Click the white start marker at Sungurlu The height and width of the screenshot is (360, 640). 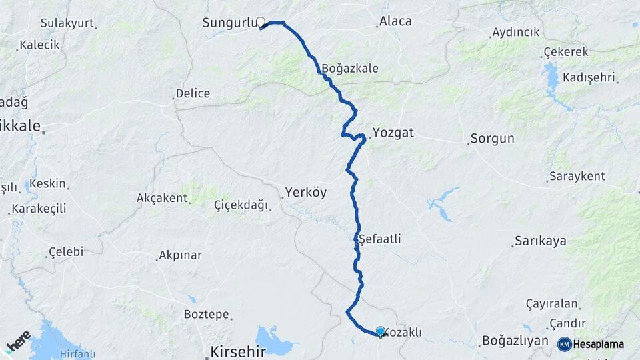pyautogui.click(x=261, y=22)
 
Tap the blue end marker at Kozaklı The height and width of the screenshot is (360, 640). pyautogui.click(x=381, y=331)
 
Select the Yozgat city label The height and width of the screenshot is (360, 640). pyautogui.click(x=393, y=133)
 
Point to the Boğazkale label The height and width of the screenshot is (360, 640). pyautogui.click(x=349, y=68)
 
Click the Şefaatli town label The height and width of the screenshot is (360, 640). pyautogui.click(x=379, y=239)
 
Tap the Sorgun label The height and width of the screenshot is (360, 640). pyautogui.click(x=492, y=139)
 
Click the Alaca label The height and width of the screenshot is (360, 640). pyautogui.click(x=395, y=21)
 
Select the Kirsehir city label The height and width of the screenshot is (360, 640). pyautogui.click(x=238, y=351)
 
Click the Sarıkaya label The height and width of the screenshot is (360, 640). pyautogui.click(x=540, y=241)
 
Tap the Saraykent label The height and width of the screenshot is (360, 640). pyautogui.click(x=577, y=177)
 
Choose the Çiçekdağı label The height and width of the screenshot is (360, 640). pyautogui.click(x=240, y=205)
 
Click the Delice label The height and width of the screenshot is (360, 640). pyautogui.click(x=193, y=94)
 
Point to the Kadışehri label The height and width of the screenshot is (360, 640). pyautogui.click(x=591, y=78)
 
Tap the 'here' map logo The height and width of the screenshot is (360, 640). pyautogui.click(x=19, y=342)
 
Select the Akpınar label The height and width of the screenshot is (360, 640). pyautogui.click(x=180, y=255)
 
